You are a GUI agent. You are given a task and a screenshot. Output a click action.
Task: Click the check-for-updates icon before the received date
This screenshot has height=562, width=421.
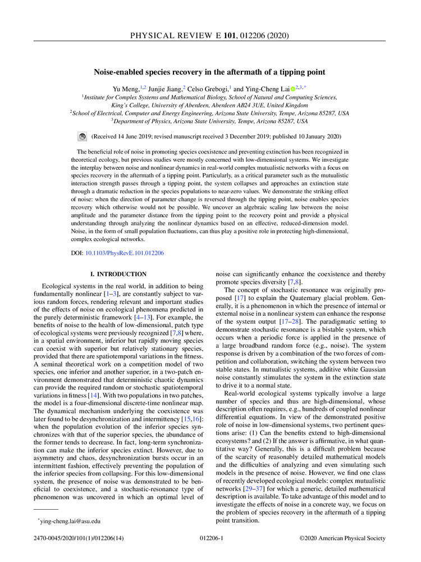click(x=81, y=136)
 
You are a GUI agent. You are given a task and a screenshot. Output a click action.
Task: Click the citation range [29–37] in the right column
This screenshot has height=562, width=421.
click(x=248, y=486)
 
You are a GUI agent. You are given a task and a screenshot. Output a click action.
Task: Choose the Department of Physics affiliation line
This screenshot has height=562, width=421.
click(x=209, y=121)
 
